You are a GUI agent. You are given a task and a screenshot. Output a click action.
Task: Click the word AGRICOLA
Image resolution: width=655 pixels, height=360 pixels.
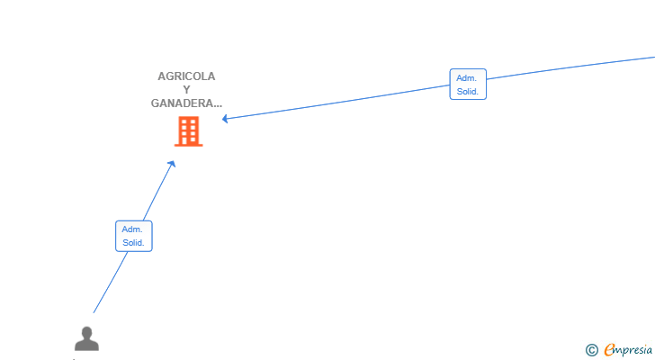point(186,76)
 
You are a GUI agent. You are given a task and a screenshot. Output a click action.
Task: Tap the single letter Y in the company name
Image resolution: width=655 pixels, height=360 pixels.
point(187,90)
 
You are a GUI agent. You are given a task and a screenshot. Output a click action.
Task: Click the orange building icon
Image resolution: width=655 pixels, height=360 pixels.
point(188,131)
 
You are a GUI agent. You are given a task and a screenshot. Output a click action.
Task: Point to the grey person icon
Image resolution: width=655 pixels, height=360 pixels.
point(87,338)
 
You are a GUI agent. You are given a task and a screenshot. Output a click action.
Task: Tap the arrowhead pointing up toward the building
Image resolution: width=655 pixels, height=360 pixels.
point(172,164)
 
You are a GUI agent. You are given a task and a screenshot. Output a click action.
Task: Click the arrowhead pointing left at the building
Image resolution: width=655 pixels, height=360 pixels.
point(225,119)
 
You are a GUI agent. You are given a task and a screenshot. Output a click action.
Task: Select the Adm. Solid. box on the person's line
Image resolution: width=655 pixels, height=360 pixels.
point(134,236)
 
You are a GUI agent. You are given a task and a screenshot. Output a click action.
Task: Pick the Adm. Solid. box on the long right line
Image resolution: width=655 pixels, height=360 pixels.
point(468,85)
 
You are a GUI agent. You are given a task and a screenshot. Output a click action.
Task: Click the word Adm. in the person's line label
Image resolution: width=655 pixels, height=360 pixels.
point(132,229)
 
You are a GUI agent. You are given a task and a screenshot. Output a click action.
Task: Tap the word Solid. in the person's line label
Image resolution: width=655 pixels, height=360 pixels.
point(133,243)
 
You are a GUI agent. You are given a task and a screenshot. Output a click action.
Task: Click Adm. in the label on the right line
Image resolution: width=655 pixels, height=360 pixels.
point(466,78)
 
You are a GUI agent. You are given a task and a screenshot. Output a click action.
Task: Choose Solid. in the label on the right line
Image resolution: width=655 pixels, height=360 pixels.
point(468,92)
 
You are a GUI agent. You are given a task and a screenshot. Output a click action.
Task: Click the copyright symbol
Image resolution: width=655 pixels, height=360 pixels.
point(591,350)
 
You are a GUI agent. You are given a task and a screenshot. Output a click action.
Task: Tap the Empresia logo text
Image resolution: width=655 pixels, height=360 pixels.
point(628,350)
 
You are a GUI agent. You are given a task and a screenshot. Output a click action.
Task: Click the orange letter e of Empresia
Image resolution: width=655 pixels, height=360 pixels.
point(609,349)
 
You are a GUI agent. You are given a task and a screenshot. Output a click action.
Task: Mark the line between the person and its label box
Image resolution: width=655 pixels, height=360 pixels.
point(111,283)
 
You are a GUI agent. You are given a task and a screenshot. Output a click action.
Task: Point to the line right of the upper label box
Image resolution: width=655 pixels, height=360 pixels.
point(570,67)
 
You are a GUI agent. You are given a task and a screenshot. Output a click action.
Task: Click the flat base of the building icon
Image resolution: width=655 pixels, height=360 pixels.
point(188,145)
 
